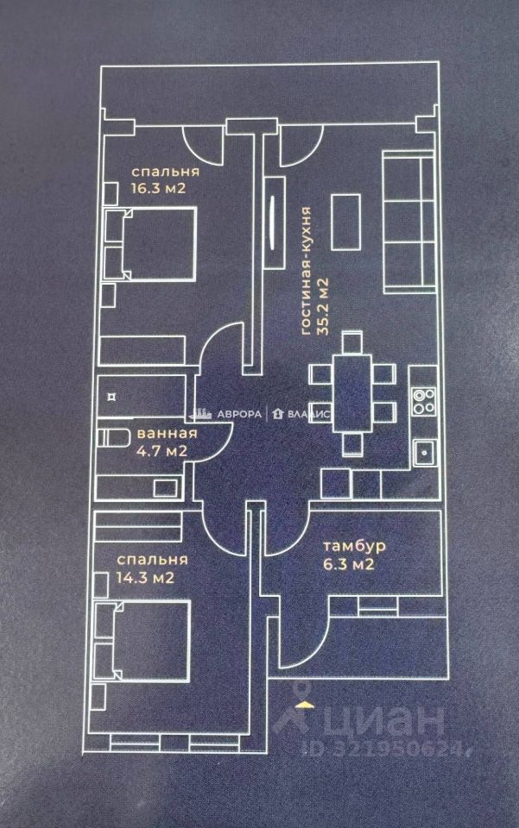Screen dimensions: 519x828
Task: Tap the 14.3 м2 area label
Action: pos(146,577)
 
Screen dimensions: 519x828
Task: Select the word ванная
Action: pos(166,433)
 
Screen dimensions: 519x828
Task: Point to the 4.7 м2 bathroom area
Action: pos(161,450)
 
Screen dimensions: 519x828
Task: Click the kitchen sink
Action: pos(424,452)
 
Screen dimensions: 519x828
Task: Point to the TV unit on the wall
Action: pos(275,218)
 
